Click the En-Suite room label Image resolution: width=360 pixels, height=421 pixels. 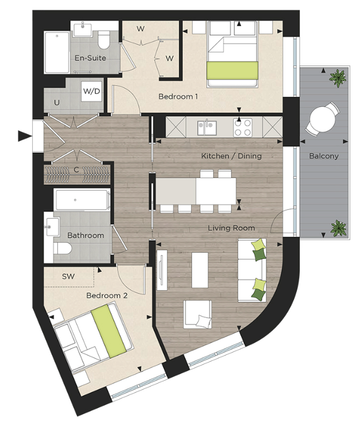click(x=90, y=58)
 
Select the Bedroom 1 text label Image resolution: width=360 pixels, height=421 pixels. click(x=178, y=96)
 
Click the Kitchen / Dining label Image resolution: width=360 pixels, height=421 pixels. click(x=231, y=156)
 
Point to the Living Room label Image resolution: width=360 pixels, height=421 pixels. click(x=231, y=228)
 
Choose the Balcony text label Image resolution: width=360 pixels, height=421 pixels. click(x=324, y=156)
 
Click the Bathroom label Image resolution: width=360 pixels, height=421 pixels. click(x=86, y=235)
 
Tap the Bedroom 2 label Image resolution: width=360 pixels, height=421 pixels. click(x=107, y=295)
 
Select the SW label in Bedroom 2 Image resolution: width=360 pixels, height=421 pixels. click(x=68, y=276)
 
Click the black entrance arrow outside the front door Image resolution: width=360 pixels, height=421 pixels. click(x=24, y=136)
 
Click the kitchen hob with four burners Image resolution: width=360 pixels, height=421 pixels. click(x=242, y=127)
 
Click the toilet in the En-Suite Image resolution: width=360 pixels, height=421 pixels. click(x=104, y=40)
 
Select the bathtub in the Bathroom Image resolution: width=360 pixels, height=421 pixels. click(x=82, y=200)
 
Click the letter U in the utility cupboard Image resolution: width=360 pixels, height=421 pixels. click(x=56, y=103)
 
